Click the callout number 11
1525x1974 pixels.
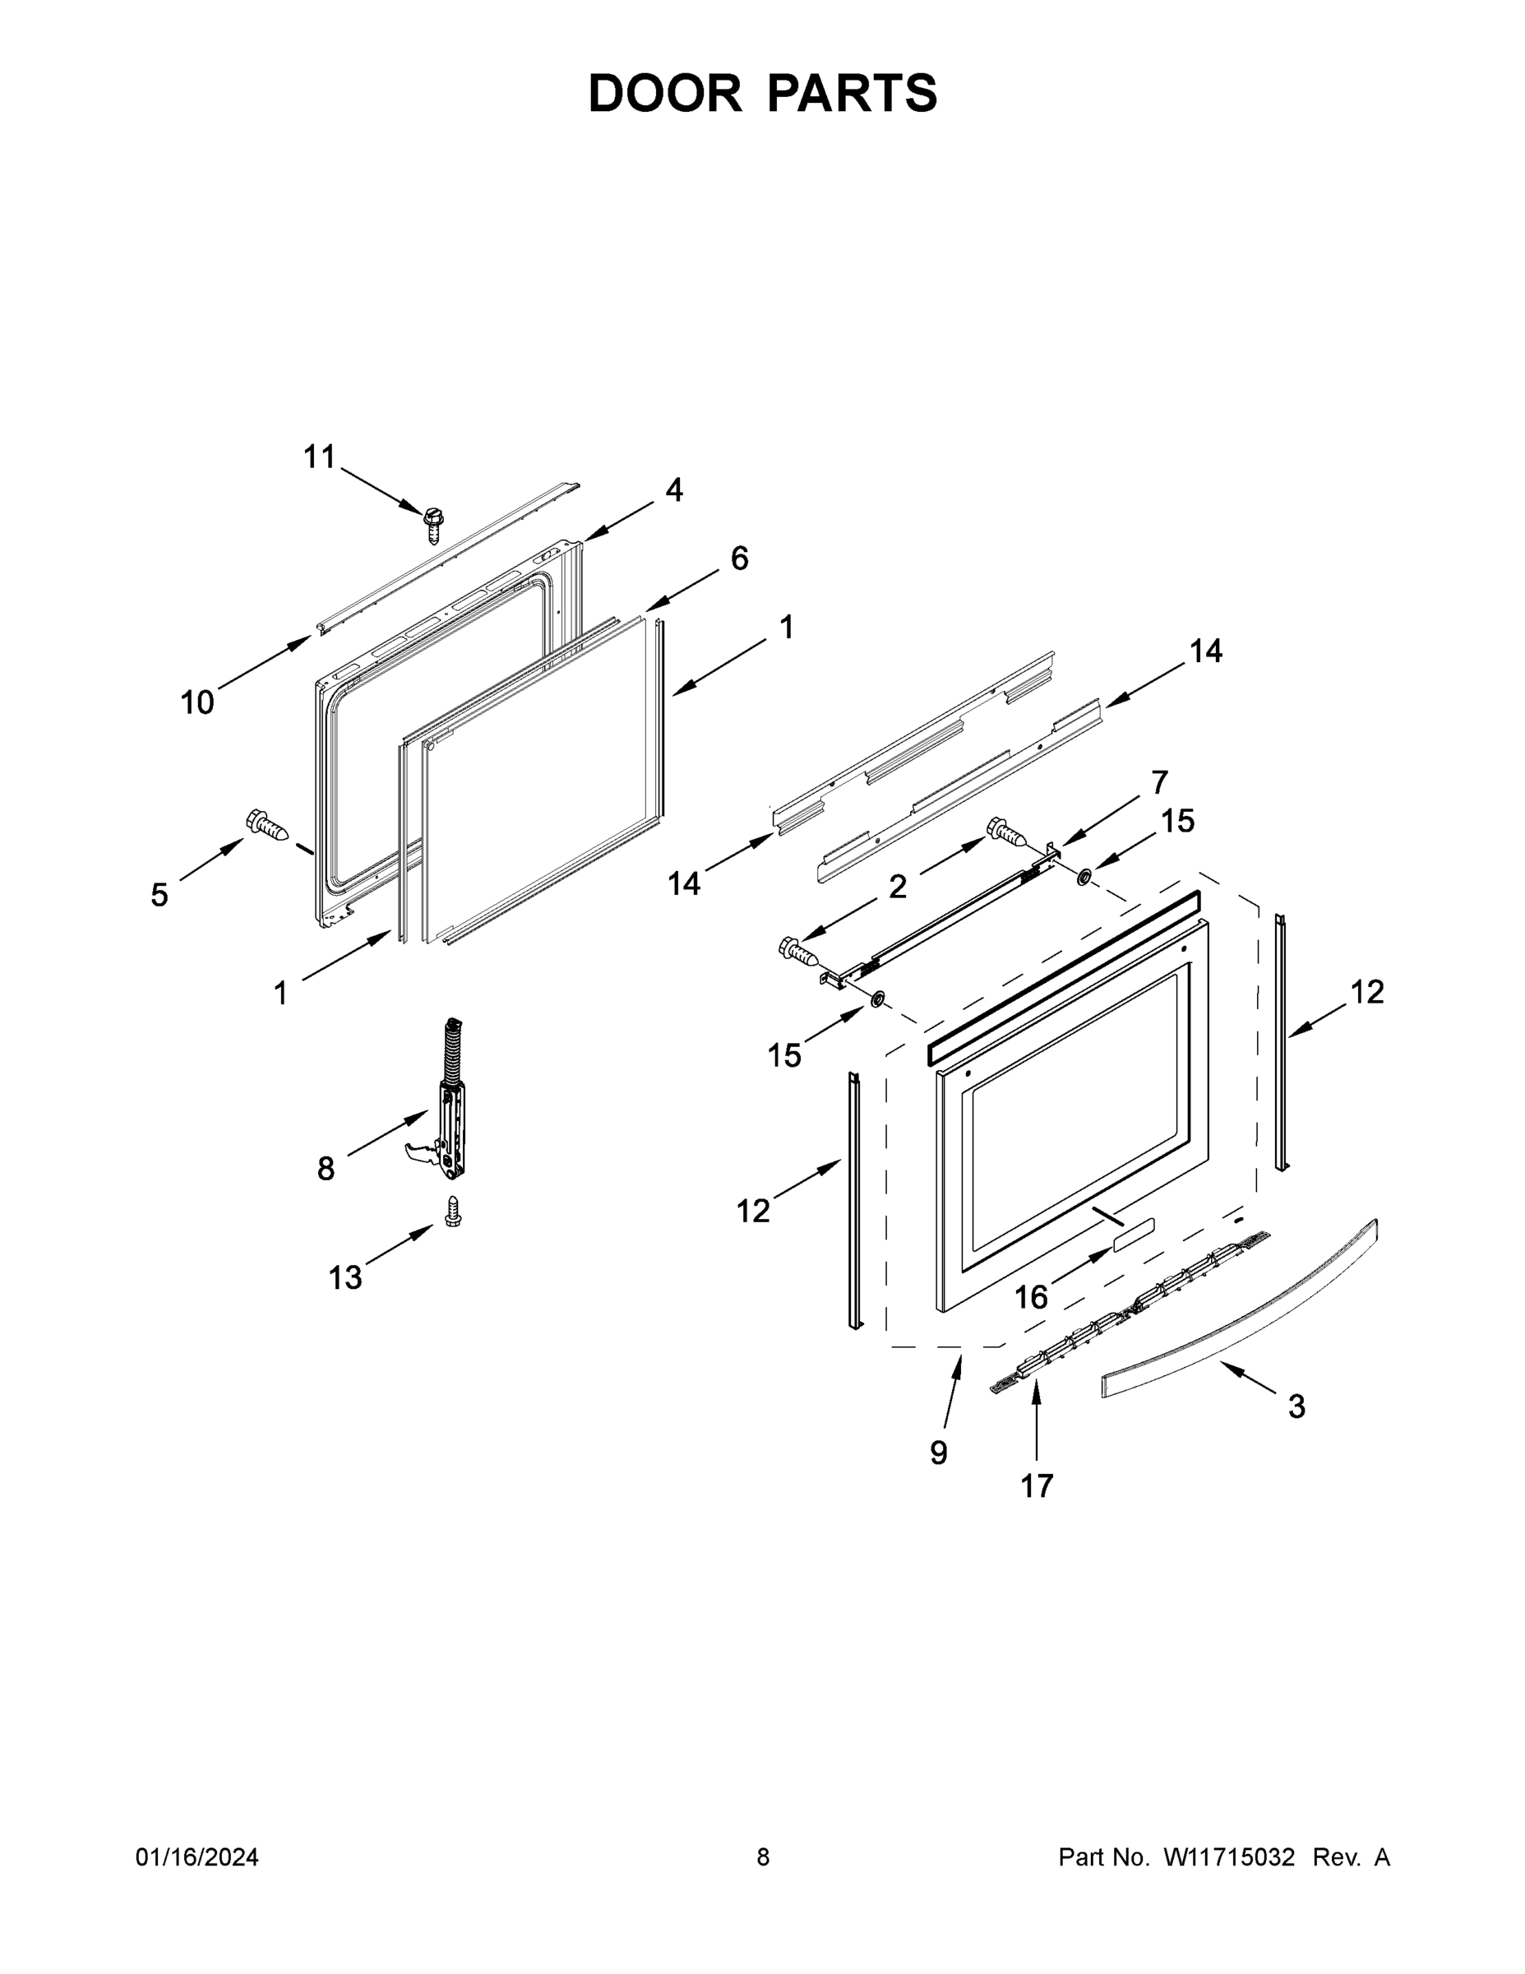click(x=319, y=457)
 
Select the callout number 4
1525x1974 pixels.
click(x=674, y=490)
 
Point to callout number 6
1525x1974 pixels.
click(x=739, y=558)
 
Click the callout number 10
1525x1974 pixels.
click(x=198, y=702)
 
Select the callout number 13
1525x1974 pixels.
click(x=345, y=1277)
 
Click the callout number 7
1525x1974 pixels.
click(x=1159, y=782)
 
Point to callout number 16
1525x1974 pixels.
click(x=1031, y=1298)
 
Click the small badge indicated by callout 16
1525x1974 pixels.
click(x=1134, y=1233)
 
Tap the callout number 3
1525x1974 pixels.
click(x=1296, y=1406)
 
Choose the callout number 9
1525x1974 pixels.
click(x=939, y=1453)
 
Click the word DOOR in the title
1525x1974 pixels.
click(x=665, y=93)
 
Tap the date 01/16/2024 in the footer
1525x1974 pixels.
click(x=197, y=1856)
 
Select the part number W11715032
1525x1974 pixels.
click(x=1229, y=1856)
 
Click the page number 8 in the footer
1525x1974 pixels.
click(x=764, y=1856)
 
